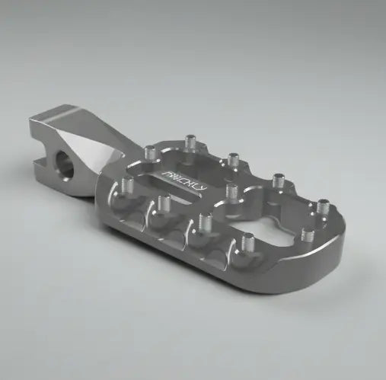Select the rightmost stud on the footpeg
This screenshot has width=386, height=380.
(x=323, y=206)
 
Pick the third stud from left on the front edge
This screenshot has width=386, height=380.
(x=203, y=221)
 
